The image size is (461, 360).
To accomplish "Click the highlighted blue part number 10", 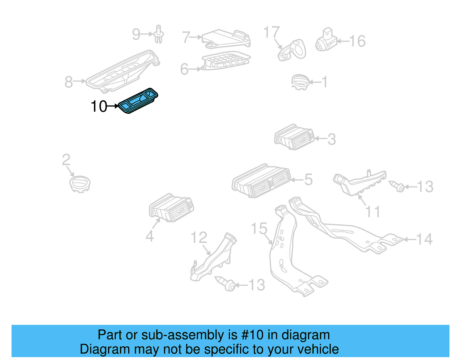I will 138,101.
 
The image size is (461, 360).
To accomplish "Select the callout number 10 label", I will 99,106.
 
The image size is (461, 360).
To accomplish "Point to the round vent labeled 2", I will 80,184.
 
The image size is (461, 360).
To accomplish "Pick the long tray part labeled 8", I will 122,71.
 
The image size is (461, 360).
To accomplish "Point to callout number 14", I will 424,239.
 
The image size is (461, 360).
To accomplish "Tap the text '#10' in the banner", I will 252,335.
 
